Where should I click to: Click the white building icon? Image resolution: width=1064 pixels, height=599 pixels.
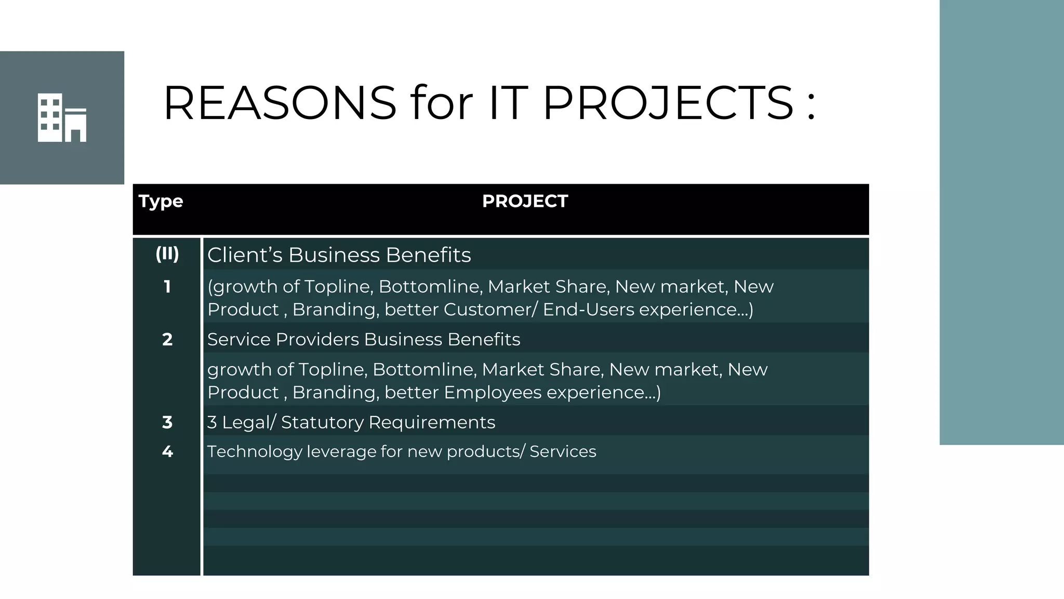click(62, 118)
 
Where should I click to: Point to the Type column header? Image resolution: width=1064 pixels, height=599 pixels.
click(161, 201)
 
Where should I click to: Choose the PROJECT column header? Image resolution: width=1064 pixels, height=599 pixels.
click(525, 201)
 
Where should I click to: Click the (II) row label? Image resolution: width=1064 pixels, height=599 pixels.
click(167, 254)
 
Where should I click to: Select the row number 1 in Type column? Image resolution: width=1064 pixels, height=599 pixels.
click(167, 287)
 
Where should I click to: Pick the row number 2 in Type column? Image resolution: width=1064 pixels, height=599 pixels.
click(167, 340)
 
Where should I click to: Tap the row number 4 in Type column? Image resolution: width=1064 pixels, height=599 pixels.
click(167, 451)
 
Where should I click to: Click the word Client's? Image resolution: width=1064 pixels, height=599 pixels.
click(245, 255)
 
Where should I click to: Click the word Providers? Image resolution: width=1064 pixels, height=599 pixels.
click(317, 340)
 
